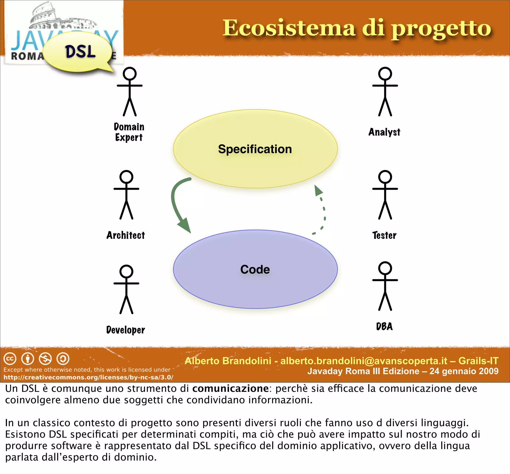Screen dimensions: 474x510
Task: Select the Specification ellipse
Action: (x=255, y=149)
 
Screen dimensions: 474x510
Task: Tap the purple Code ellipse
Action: (x=255, y=269)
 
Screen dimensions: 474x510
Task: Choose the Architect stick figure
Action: (x=126, y=195)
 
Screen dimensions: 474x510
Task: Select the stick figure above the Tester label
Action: (x=385, y=195)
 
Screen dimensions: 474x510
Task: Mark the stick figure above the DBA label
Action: (x=385, y=286)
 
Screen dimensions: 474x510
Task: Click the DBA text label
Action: (x=384, y=327)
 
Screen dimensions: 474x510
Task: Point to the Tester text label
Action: (x=384, y=235)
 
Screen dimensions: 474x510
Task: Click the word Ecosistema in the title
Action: (x=289, y=28)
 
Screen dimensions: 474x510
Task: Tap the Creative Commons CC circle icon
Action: (x=10, y=358)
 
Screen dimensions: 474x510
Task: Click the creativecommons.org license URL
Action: (x=88, y=377)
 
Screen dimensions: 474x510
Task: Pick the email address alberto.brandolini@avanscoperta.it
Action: (x=364, y=361)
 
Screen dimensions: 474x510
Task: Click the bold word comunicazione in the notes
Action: (x=230, y=389)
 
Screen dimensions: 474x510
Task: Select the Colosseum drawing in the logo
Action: (x=62, y=17)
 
